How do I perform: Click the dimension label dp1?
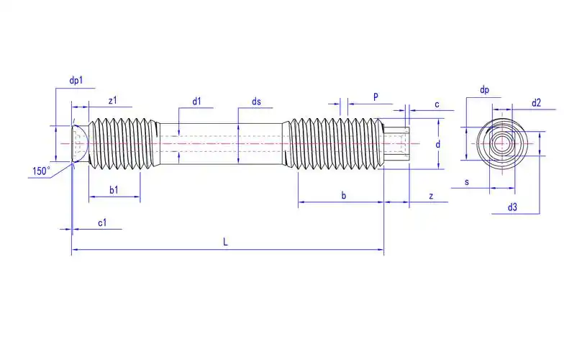76,81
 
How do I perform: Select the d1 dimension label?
196,102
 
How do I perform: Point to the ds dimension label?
256,102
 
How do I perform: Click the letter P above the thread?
376,96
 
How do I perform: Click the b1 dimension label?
114,189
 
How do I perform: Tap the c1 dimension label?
102,222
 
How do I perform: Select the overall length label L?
225,243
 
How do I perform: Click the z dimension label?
430,196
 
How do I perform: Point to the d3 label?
512,207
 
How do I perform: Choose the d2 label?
536,103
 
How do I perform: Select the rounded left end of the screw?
80,143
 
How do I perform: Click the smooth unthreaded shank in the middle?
223,143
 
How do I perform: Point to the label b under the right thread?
344,195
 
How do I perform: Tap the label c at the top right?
437,104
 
